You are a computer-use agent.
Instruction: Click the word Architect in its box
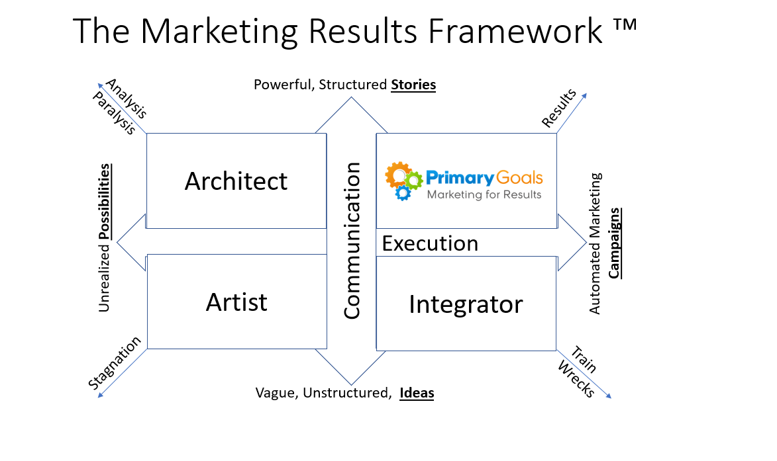[236, 181]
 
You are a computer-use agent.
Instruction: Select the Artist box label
[236, 302]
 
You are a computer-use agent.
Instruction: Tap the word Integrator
[466, 305]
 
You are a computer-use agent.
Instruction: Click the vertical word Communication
[352, 241]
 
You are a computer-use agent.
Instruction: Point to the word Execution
[430, 243]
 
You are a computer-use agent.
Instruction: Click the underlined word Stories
[413, 85]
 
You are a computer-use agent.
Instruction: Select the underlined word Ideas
[417, 393]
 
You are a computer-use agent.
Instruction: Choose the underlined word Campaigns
[615, 243]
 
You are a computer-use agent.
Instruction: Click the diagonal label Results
[559, 108]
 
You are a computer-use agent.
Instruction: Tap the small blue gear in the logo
[403, 193]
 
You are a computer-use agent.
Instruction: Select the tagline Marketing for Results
[484, 194]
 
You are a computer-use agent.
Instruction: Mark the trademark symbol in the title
[625, 24]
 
